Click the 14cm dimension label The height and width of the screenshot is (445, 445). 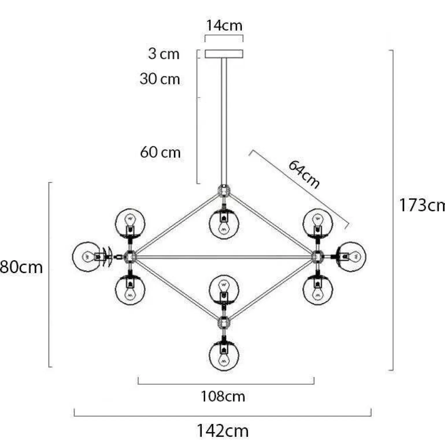click(224, 25)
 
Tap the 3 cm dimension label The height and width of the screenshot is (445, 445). click(164, 54)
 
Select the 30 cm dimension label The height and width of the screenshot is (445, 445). click(160, 79)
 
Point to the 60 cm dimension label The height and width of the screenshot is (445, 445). click(160, 152)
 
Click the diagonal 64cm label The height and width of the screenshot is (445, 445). click(304, 174)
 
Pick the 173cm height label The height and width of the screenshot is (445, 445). click(422, 205)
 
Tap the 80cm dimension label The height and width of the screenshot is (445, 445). click(21, 267)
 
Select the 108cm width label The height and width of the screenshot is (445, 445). click(223, 396)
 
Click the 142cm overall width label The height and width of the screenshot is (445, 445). click(222, 431)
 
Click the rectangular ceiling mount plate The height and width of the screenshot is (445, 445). click(224, 54)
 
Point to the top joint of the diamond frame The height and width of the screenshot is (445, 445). click(224, 191)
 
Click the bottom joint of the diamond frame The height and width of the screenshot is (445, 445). click(224, 322)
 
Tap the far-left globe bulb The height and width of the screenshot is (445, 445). click(87, 257)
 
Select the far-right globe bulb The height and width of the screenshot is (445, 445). click(351, 257)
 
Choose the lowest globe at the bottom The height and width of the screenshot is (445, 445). click(224, 356)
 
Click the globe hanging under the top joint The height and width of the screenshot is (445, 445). click(224, 224)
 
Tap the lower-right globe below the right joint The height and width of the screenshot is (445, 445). click(318, 290)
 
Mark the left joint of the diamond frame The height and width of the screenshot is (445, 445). click(130, 257)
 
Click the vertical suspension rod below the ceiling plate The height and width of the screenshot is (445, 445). click(224, 121)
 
